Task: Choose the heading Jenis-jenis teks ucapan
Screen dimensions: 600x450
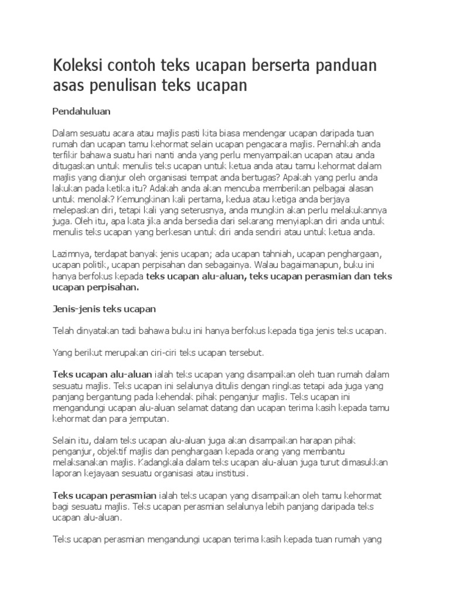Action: pyautogui.click(x=104, y=308)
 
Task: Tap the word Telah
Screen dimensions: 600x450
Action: pyautogui.click(x=64, y=330)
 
